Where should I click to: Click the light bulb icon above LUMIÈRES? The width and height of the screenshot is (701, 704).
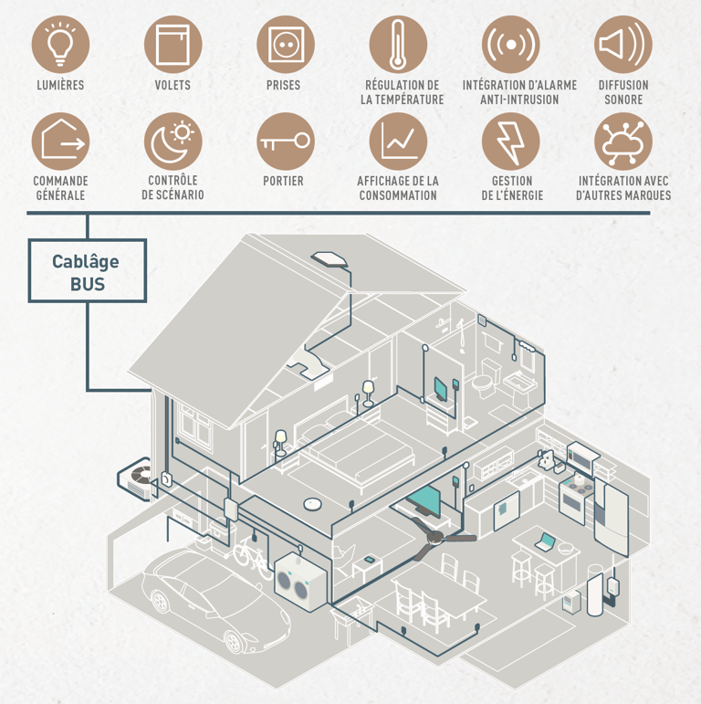pyautogui.click(x=60, y=45)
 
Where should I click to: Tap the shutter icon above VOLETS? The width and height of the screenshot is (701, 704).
pyautogui.click(x=173, y=45)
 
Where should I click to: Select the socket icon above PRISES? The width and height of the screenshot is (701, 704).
pyautogui.click(x=285, y=45)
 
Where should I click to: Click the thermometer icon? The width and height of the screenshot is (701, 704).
pyautogui.click(x=398, y=45)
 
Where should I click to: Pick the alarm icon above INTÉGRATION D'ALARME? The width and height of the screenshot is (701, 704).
pyautogui.click(x=510, y=45)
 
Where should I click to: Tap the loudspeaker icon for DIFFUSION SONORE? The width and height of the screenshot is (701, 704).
pyautogui.click(x=623, y=45)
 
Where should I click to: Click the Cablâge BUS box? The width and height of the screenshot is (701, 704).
pyautogui.click(x=87, y=271)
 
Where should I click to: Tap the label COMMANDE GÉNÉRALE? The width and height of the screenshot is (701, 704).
pyautogui.click(x=60, y=188)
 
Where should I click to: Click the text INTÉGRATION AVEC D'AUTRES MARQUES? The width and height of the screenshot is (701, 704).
pyautogui.click(x=623, y=188)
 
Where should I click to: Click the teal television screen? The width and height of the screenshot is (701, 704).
pyautogui.click(x=424, y=499)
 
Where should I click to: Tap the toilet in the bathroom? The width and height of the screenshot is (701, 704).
pyautogui.click(x=486, y=378)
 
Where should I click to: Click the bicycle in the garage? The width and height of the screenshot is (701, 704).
pyautogui.click(x=249, y=550)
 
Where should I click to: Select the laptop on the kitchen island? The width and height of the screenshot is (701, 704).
pyautogui.click(x=546, y=542)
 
